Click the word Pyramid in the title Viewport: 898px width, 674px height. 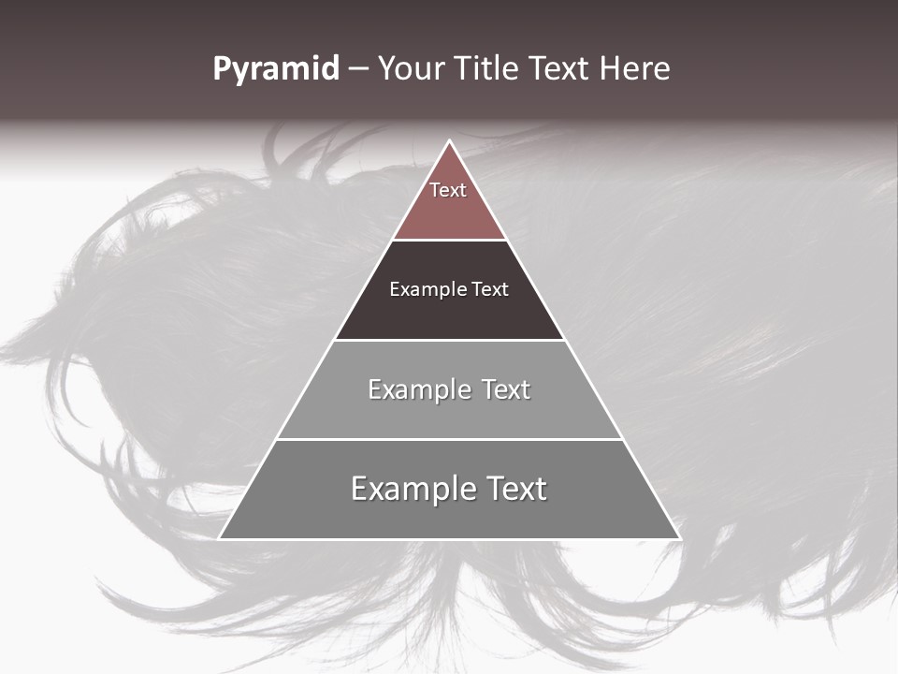[276, 70]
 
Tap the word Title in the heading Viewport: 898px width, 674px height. [486, 69]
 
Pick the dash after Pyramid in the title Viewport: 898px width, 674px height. [358, 70]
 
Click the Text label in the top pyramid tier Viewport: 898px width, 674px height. [448, 190]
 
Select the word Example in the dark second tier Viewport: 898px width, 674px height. [426, 289]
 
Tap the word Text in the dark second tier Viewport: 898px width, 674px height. [490, 289]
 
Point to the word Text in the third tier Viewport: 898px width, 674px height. [506, 389]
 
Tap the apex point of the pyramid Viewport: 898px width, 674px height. [449, 141]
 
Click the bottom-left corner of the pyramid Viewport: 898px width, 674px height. [220, 538]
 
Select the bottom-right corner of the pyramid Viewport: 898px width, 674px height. [679, 538]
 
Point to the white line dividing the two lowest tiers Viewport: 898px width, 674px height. [449, 439]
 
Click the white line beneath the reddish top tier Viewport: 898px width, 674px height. [449, 240]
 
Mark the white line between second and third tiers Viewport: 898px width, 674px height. [449, 340]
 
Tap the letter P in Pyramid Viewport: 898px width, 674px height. [221, 69]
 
